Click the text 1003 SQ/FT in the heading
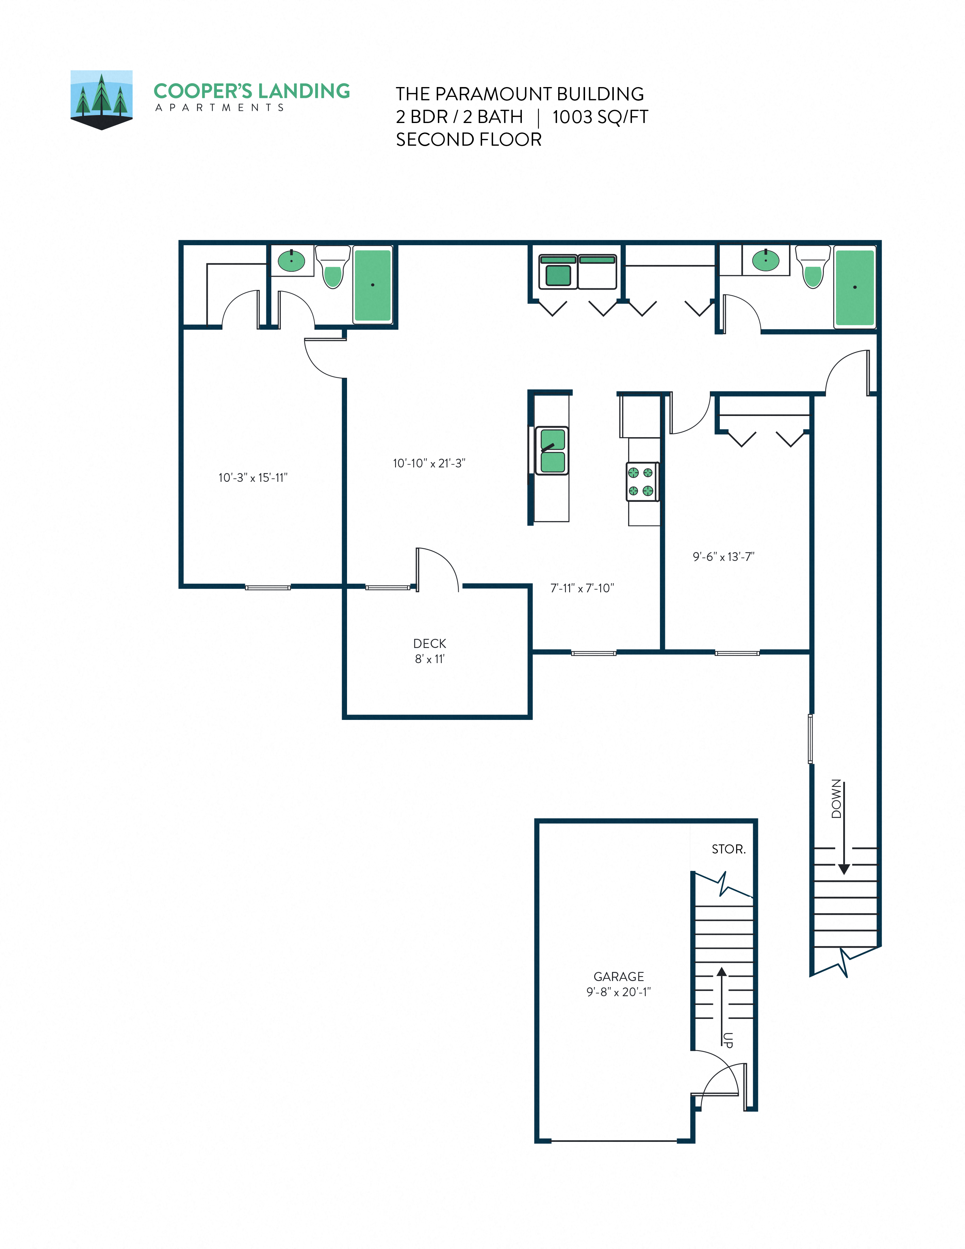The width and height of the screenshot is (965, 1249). [x=600, y=117]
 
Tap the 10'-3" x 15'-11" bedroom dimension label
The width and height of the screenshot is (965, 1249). [x=253, y=478]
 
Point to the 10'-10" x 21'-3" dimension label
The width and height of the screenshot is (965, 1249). [x=429, y=463]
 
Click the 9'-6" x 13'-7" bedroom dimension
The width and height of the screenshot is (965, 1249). [x=723, y=556]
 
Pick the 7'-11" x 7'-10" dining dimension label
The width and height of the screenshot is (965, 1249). [x=582, y=588]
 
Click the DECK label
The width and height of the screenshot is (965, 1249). [x=430, y=643]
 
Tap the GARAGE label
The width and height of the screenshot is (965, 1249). [x=619, y=976]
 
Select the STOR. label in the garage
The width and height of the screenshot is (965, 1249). [x=728, y=849]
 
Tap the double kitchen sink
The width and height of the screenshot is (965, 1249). [x=552, y=451]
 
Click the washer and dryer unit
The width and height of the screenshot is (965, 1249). [x=577, y=272]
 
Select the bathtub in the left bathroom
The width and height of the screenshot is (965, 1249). [x=373, y=285]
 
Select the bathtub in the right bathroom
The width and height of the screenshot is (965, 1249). [x=854, y=287]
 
